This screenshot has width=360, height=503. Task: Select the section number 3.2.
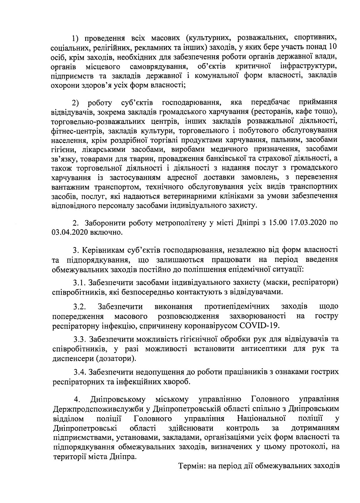[79, 306]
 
